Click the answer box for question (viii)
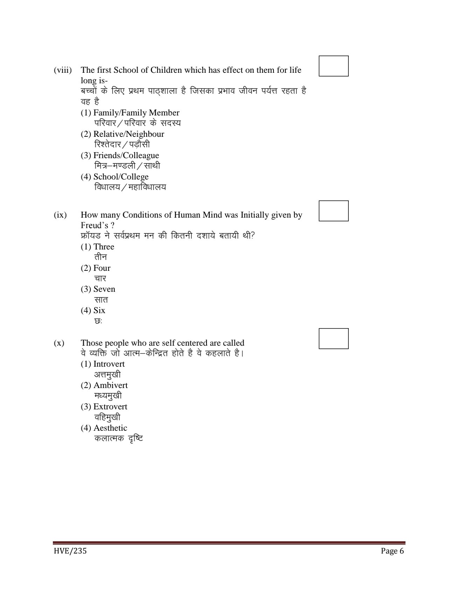click(333, 66)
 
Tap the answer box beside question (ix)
click(333, 211)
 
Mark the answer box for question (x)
click(333, 338)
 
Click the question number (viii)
click(63, 70)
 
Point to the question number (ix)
click(60, 215)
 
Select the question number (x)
click(59, 343)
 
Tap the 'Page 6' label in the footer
click(392, 551)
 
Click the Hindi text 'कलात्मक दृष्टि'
click(119, 438)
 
